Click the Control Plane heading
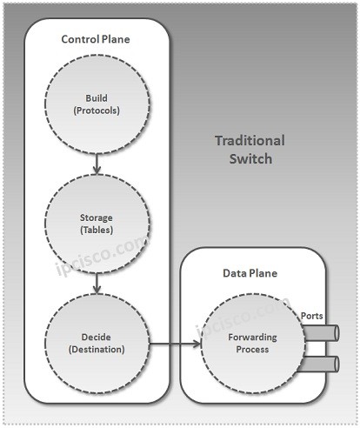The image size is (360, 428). tap(96, 40)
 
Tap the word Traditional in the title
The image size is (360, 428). tap(249, 141)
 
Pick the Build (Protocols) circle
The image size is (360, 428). tap(96, 104)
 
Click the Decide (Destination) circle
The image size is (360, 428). tap(96, 341)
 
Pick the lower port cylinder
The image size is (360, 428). tap(323, 363)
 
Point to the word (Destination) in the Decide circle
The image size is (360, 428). tap(96, 349)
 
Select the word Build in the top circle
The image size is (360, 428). tap(96, 97)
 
